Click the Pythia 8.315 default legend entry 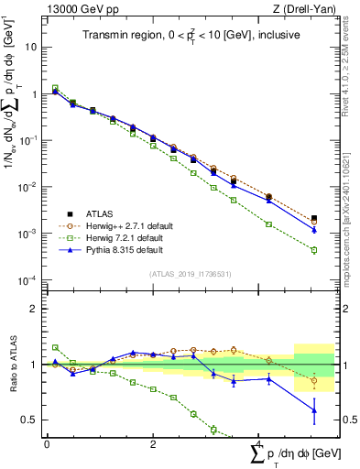pyautogui.click(x=123, y=249)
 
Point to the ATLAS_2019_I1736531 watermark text pyautogui.click(x=190, y=274)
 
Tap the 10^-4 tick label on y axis pyautogui.click(x=27, y=280)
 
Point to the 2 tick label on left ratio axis pyautogui.click(x=33, y=309)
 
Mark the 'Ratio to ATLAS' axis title pyautogui.click(x=11, y=365)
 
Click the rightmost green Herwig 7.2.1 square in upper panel pyautogui.click(x=314, y=250)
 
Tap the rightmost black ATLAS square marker pyautogui.click(x=314, y=219)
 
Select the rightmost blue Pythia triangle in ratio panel pyautogui.click(x=314, y=411)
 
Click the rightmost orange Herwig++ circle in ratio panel pyautogui.click(x=314, y=380)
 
